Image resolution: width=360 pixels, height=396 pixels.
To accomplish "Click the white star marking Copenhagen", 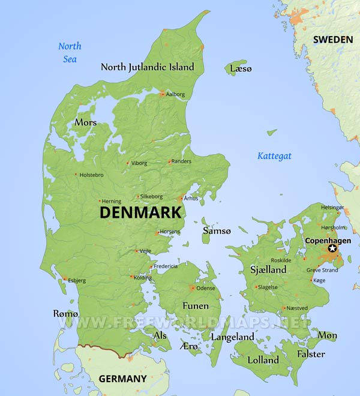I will click(x=332, y=249).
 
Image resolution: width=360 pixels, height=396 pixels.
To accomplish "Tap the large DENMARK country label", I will click(x=140, y=212).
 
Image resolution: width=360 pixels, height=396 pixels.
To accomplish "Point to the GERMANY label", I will click(x=122, y=379).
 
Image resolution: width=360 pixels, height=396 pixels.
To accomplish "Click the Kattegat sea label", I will click(x=274, y=156).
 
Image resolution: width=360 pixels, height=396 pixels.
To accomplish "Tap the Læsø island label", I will click(x=241, y=69).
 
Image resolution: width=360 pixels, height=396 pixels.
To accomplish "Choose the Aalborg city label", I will click(x=175, y=94).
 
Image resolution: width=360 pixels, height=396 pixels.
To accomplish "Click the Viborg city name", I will click(x=139, y=163).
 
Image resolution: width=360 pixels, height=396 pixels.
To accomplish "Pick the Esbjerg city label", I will click(x=77, y=280).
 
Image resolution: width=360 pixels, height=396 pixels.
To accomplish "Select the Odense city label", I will click(x=206, y=289).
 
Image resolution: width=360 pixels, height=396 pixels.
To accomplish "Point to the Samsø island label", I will click(x=217, y=230).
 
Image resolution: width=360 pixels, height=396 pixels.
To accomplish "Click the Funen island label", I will click(x=196, y=306).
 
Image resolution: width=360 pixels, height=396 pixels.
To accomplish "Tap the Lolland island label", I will click(x=263, y=360).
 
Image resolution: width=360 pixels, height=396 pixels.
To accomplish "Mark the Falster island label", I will click(x=311, y=354).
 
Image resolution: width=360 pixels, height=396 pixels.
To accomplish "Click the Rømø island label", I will click(x=66, y=314).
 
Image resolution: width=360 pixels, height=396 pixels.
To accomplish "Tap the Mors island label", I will click(x=85, y=122).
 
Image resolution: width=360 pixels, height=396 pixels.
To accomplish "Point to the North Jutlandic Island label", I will click(x=148, y=67).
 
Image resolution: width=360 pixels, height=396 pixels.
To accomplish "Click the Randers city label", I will click(x=181, y=161).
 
